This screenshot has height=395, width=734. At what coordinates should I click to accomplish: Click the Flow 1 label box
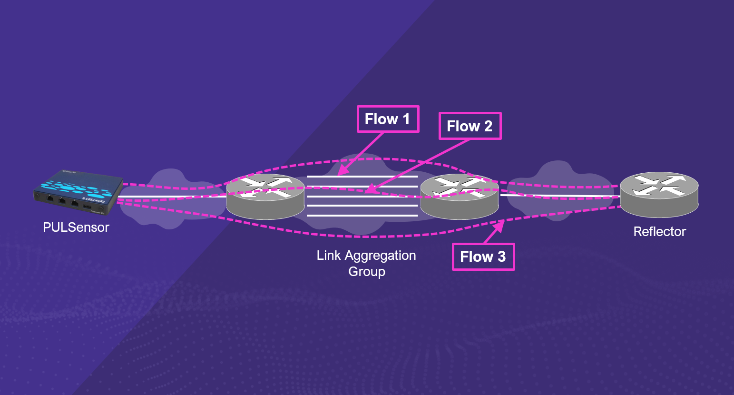pos(388,119)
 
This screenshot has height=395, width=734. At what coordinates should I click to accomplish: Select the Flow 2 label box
pos(470,126)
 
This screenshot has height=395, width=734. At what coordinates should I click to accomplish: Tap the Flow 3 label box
pos(483,257)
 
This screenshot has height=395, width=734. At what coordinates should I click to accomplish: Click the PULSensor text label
pos(76,227)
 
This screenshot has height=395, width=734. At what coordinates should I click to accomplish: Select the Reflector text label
pos(659,232)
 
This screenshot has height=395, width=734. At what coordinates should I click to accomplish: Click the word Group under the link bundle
pos(366,272)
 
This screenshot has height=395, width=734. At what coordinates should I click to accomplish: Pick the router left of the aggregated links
pos(265,197)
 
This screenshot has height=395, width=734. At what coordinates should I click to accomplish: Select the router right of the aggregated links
pos(459,197)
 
